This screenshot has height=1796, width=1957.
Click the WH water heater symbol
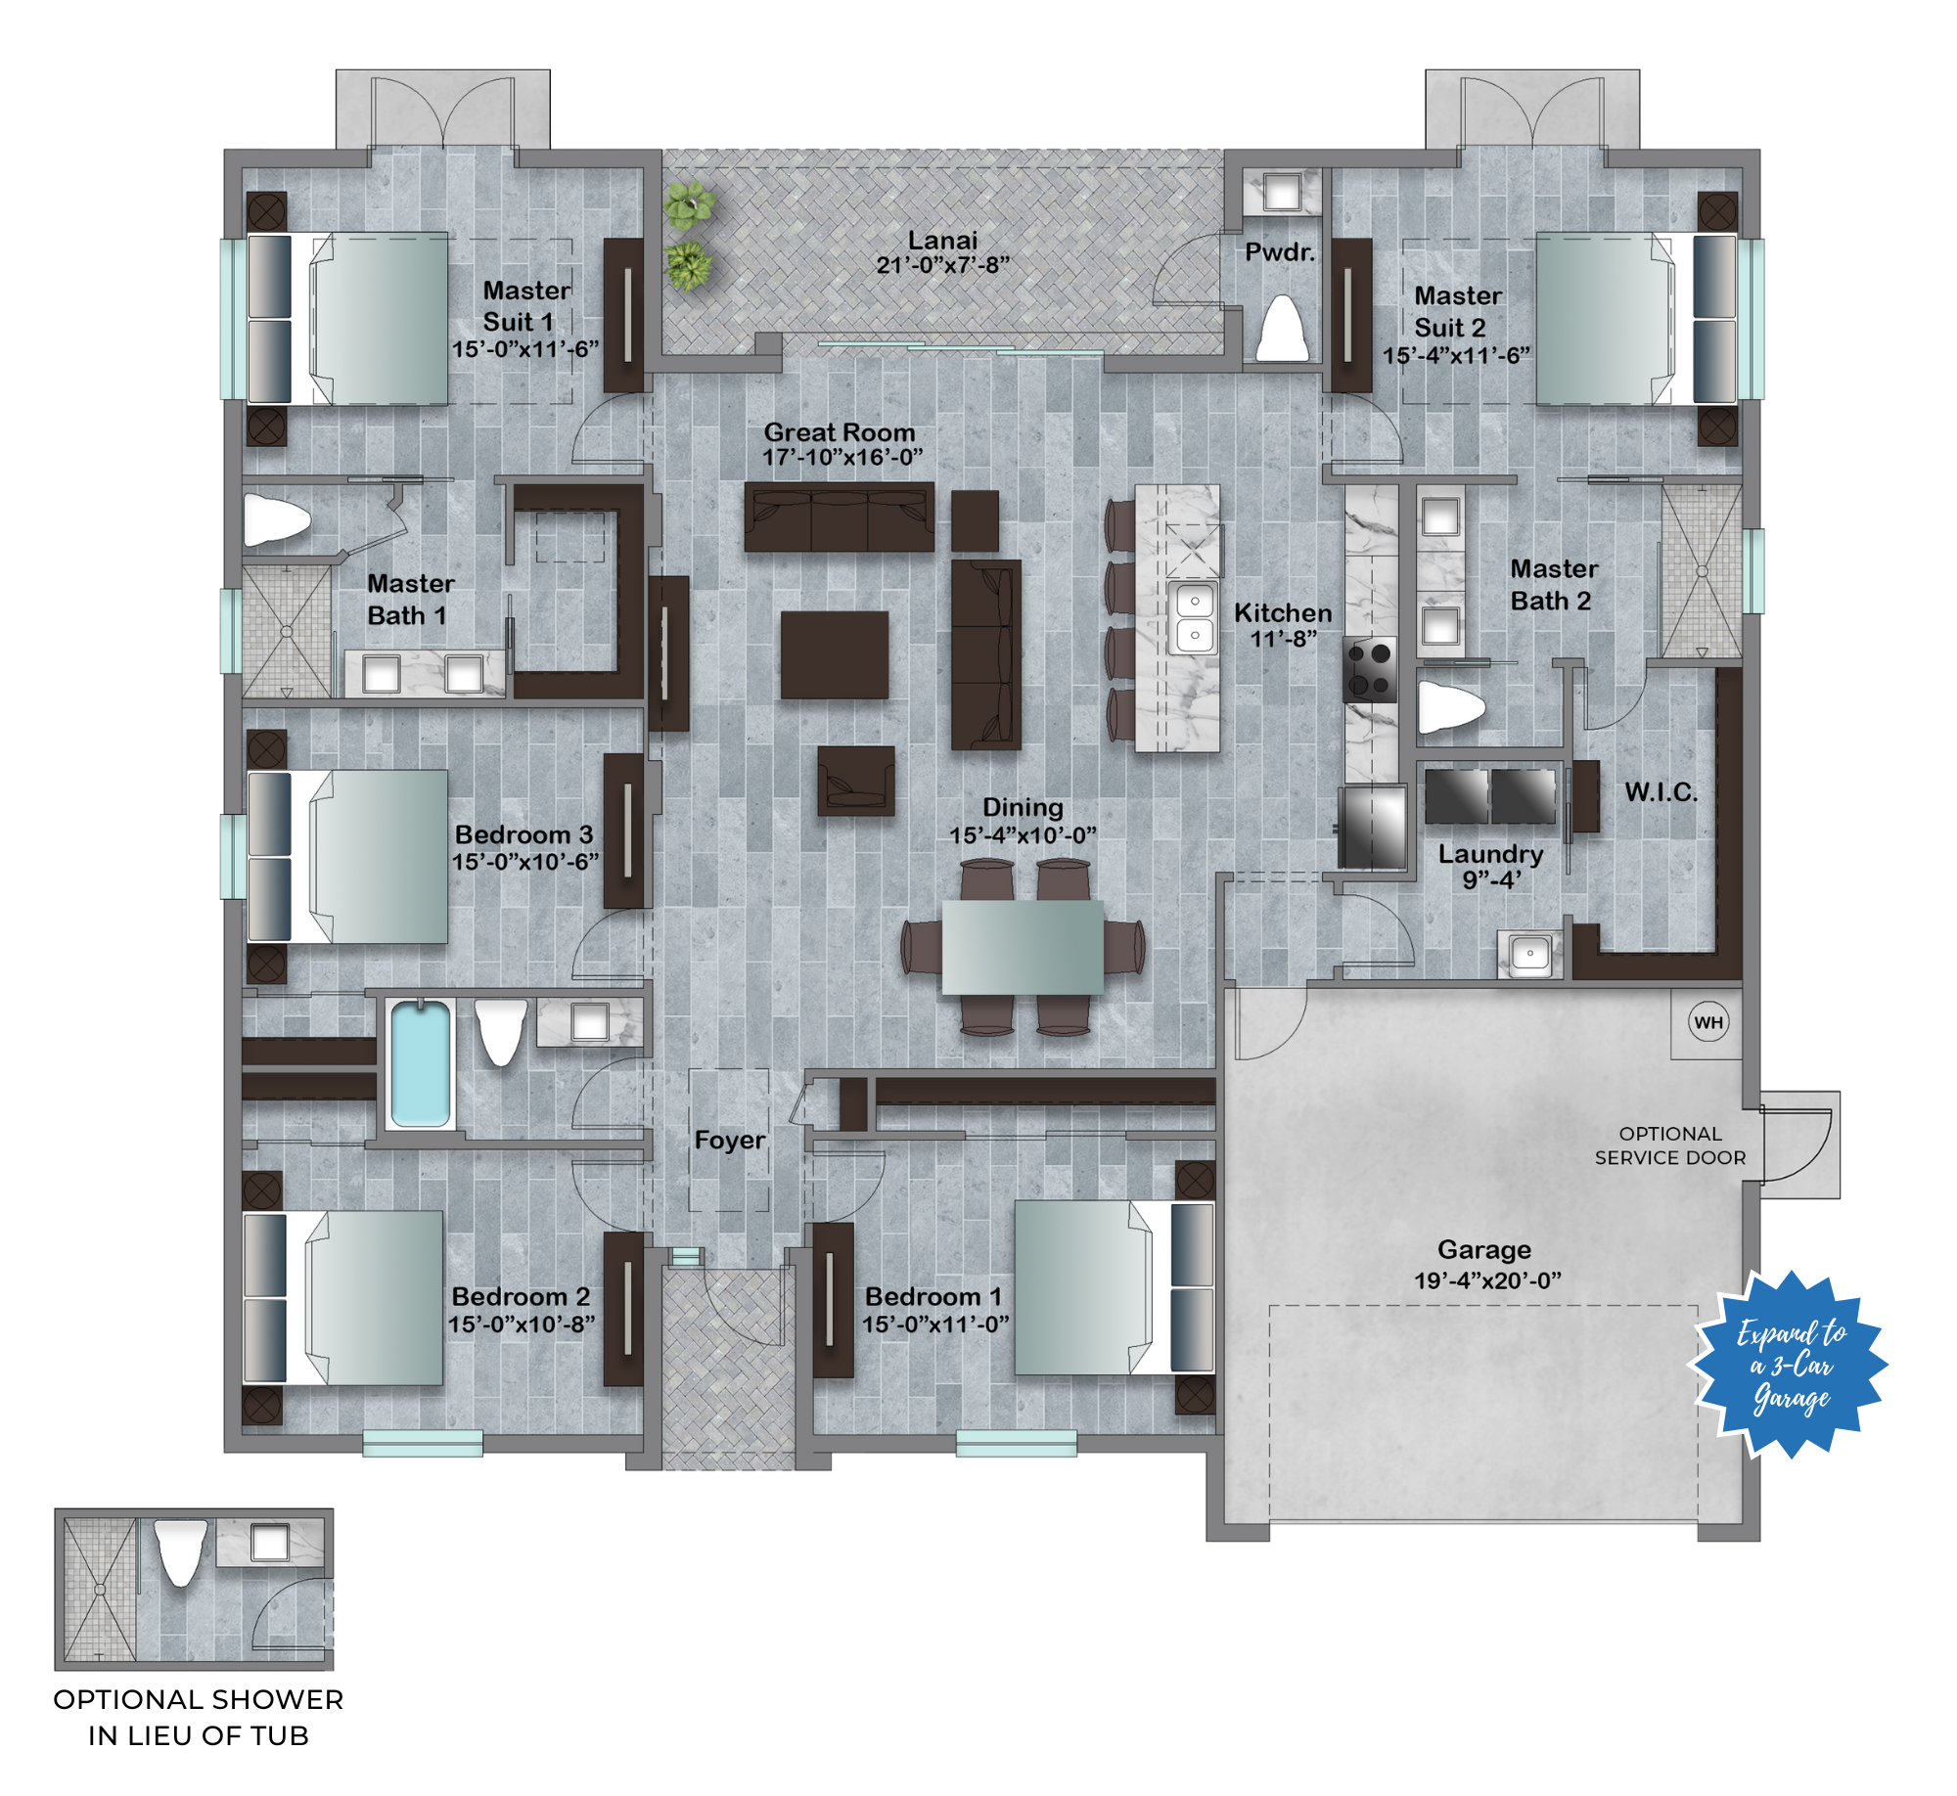pyautogui.click(x=1707, y=1022)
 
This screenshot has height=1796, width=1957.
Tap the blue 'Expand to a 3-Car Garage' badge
pyautogui.click(x=1789, y=1364)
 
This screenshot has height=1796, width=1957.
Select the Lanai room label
pyautogui.click(x=942, y=241)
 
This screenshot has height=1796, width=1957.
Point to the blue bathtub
pyautogui.click(x=421, y=1064)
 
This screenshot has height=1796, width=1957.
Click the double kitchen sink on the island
pyautogui.click(x=1195, y=617)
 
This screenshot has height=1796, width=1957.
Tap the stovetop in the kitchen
pyautogui.click(x=1370, y=670)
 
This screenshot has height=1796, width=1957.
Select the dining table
pyautogui.click(x=1023, y=947)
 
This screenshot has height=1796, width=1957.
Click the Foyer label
pyautogui.click(x=730, y=1141)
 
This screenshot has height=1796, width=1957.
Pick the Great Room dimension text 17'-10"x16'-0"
pyautogui.click(x=842, y=458)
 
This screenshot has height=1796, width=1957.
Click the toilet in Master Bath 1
pyautogui.click(x=276, y=519)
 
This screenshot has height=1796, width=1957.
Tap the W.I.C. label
pyautogui.click(x=1661, y=792)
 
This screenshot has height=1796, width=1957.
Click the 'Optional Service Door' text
pyautogui.click(x=1669, y=1145)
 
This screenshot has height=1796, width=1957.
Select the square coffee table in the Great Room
pyautogui.click(x=834, y=654)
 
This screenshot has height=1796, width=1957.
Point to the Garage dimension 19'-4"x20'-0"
pyautogui.click(x=1486, y=1280)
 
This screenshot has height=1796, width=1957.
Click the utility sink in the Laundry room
pyautogui.click(x=1529, y=953)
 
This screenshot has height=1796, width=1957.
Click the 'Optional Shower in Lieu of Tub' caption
pyautogui.click(x=199, y=1717)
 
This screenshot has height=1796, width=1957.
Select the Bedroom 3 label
pyautogui.click(x=523, y=834)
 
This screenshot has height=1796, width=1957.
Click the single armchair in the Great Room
pyautogui.click(x=855, y=781)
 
